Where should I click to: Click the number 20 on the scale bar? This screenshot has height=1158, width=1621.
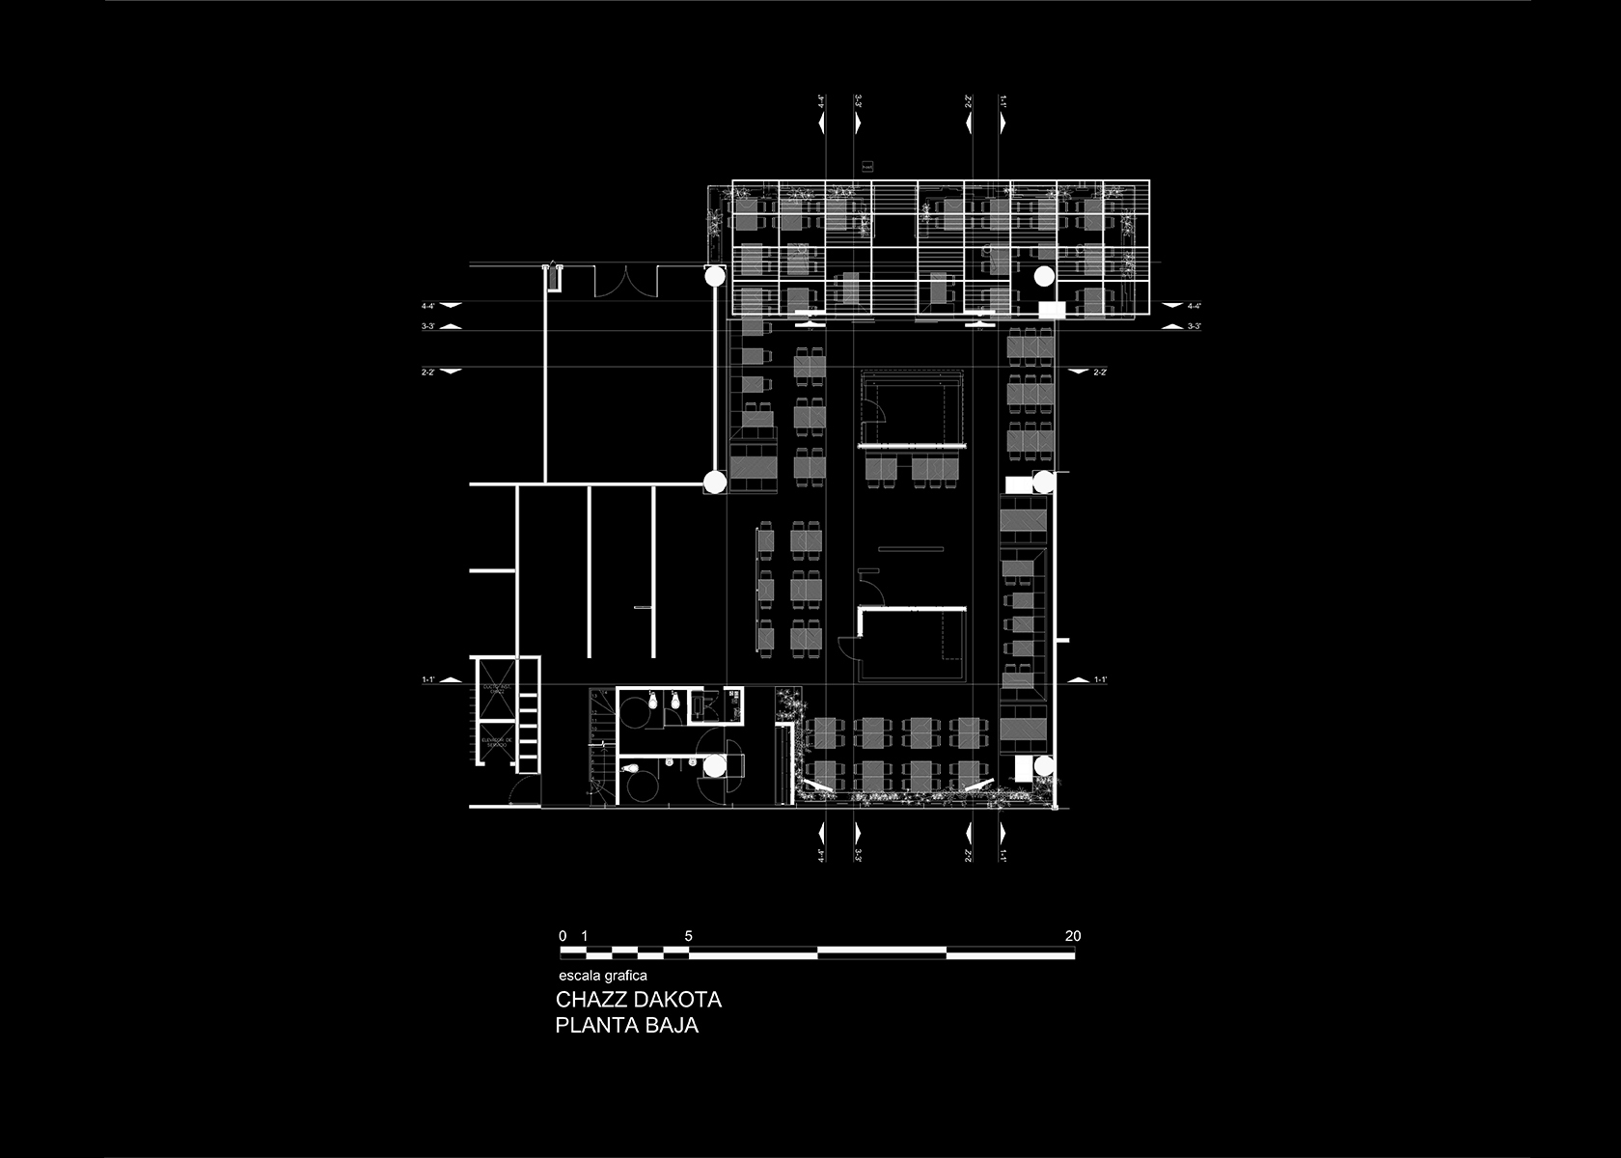(1073, 936)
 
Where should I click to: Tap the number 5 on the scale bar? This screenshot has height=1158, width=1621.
(688, 936)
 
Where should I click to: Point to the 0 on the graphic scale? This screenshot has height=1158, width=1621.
(563, 936)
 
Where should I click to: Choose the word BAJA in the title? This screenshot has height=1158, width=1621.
(675, 1025)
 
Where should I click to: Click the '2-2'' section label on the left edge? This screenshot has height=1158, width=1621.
(427, 372)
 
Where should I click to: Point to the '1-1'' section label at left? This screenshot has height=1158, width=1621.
(427, 680)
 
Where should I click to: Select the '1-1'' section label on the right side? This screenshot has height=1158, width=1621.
(1100, 680)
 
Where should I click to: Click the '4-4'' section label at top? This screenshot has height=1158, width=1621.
(822, 100)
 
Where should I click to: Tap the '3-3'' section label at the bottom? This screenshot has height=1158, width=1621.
(858, 854)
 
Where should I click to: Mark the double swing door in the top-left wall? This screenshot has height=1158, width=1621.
(625, 281)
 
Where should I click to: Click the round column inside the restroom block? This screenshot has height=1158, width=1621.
(715, 767)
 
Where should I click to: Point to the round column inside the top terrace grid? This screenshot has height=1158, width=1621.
(1043, 276)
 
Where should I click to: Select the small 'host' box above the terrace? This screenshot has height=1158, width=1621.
(866, 167)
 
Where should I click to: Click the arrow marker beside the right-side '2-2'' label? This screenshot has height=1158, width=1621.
(1075, 372)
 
